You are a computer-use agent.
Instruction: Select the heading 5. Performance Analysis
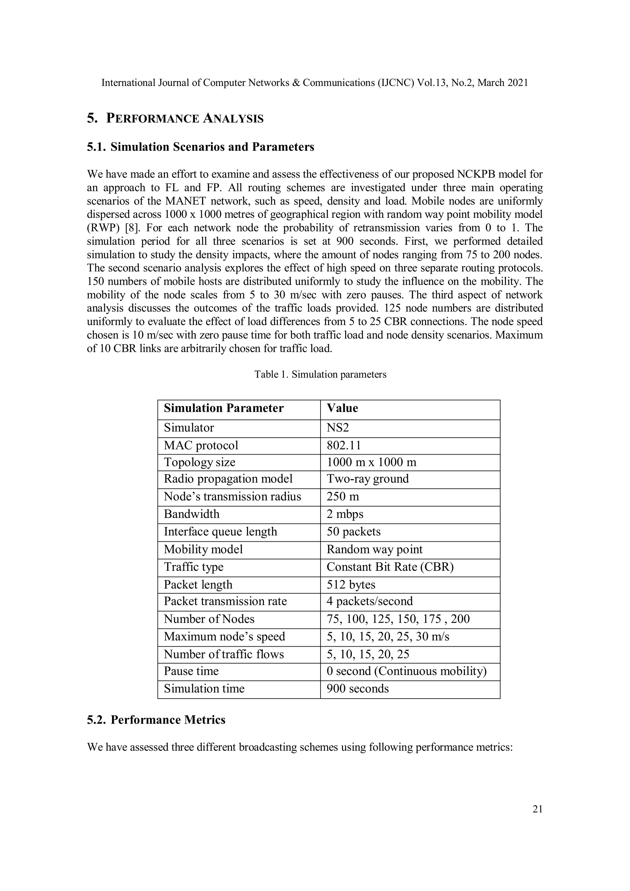pos(175,118)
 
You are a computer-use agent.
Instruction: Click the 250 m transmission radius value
pos(343,496)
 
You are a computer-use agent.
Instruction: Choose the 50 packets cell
pos(353,531)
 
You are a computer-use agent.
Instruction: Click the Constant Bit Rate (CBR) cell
pos(390,567)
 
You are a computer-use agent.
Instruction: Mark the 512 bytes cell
pos(351,584)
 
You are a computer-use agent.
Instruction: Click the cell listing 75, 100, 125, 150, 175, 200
pos(398,619)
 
